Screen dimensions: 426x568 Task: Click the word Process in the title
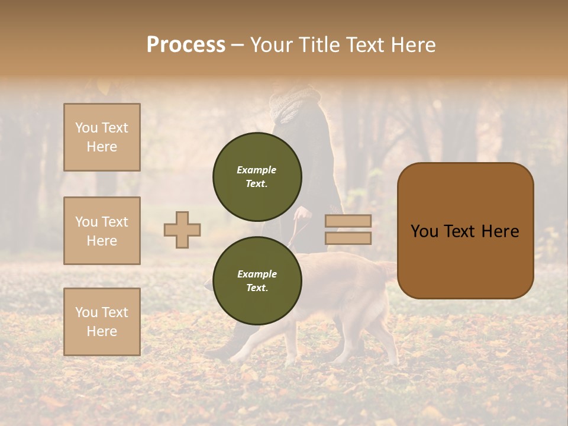(186, 45)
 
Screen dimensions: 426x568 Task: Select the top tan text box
(102, 137)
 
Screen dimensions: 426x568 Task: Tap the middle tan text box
(102, 231)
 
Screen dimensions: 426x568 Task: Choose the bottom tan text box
(102, 321)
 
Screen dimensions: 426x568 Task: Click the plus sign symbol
(182, 230)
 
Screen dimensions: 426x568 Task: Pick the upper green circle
(257, 177)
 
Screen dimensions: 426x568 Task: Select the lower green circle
(257, 280)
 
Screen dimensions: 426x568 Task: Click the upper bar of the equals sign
(348, 221)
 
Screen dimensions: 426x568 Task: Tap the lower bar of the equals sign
(348, 238)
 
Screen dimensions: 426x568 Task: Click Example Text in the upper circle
(257, 177)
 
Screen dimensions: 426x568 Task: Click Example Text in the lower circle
(257, 281)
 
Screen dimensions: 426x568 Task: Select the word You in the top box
(86, 128)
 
